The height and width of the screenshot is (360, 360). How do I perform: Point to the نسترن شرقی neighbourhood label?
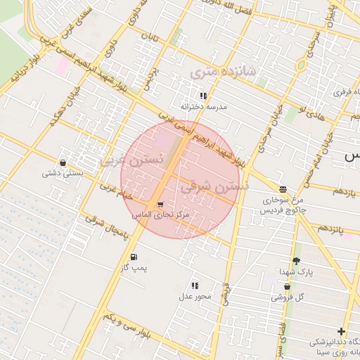coord(215,188)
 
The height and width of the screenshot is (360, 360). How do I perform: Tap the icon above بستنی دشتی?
coord(63,162)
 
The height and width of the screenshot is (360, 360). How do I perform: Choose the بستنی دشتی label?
coord(63,172)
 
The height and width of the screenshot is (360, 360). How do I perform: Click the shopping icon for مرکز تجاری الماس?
coord(160,204)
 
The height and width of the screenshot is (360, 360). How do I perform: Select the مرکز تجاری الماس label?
coord(161,214)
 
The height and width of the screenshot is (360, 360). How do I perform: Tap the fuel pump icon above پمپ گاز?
coord(133,257)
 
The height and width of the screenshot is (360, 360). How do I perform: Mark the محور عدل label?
coord(195,296)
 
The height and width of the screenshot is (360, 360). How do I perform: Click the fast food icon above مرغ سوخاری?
coord(283,189)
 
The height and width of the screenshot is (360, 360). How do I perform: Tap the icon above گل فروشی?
coord(287,287)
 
